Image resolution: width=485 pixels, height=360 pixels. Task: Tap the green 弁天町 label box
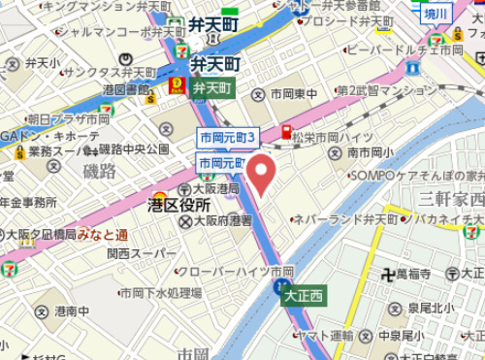(x=213, y=87)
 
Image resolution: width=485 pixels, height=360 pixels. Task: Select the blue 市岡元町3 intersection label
(x=226, y=138)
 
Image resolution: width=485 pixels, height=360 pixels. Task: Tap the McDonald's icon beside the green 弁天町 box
(x=177, y=86)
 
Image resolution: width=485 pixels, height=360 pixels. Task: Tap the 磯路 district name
(x=99, y=171)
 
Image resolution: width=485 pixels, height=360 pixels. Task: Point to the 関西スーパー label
(x=142, y=253)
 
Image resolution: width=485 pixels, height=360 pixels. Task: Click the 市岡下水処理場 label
(x=160, y=292)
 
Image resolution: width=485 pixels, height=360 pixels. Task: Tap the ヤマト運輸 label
(x=324, y=335)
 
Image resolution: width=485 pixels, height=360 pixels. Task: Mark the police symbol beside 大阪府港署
(x=185, y=221)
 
